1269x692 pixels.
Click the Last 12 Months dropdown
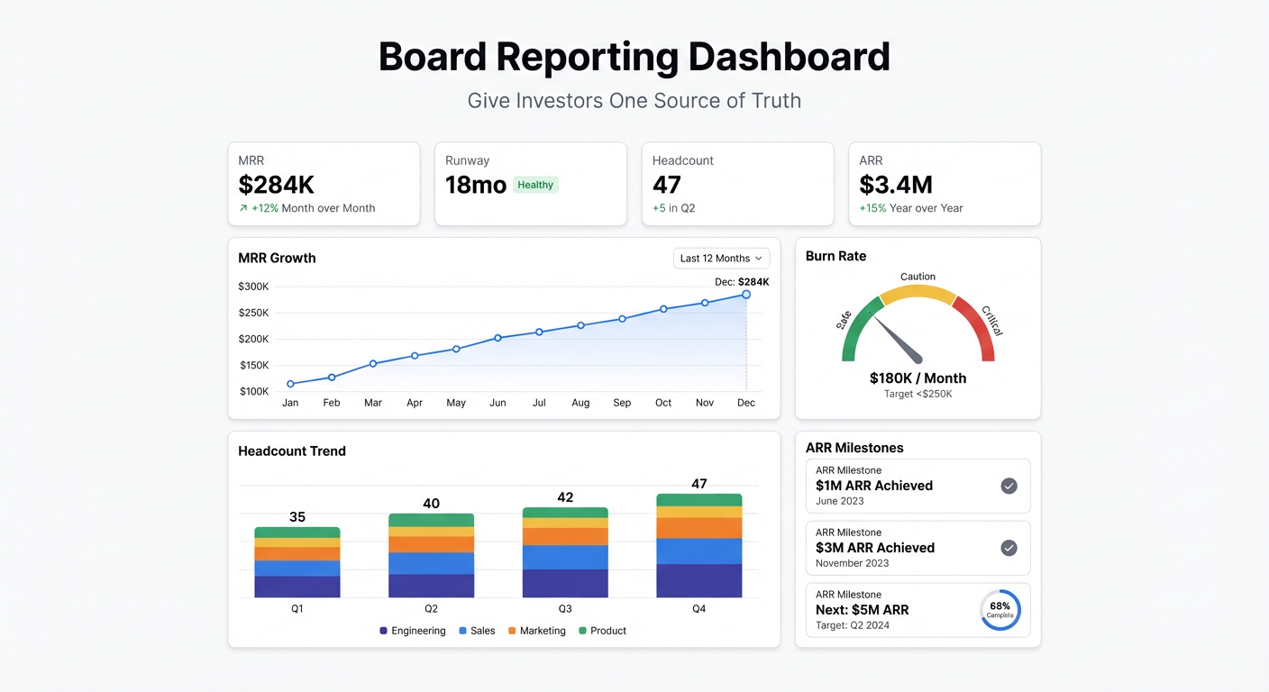[x=721, y=259]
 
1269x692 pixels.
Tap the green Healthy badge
[x=535, y=185]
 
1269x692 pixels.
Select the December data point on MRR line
[x=746, y=295]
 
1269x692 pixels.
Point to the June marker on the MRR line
[x=498, y=338]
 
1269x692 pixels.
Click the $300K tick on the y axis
[x=253, y=287]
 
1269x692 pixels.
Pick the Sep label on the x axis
[x=622, y=403]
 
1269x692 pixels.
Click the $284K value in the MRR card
[x=276, y=185]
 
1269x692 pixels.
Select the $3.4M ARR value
[x=895, y=185]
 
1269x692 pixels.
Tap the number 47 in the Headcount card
[x=667, y=185]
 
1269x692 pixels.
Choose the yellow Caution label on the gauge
[x=918, y=277]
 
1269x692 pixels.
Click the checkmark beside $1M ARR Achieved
[x=1009, y=486]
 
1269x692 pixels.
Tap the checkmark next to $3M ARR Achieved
[x=1009, y=548]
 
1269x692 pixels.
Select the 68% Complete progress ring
[x=1000, y=610]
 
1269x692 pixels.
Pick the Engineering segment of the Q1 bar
[x=297, y=587]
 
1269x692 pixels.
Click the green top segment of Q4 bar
[x=698, y=500]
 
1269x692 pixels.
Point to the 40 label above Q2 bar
[x=431, y=504]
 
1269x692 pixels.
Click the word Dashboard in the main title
[x=789, y=57]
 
